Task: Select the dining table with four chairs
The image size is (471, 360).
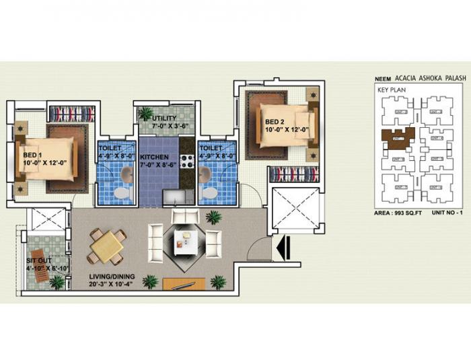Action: pos(108,246)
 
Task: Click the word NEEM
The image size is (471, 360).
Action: pos(383,78)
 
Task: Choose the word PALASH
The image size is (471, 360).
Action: pos(449,78)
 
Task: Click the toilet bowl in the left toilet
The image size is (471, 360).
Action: pos(120,193)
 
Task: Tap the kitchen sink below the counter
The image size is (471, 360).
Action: pos(172,197)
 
